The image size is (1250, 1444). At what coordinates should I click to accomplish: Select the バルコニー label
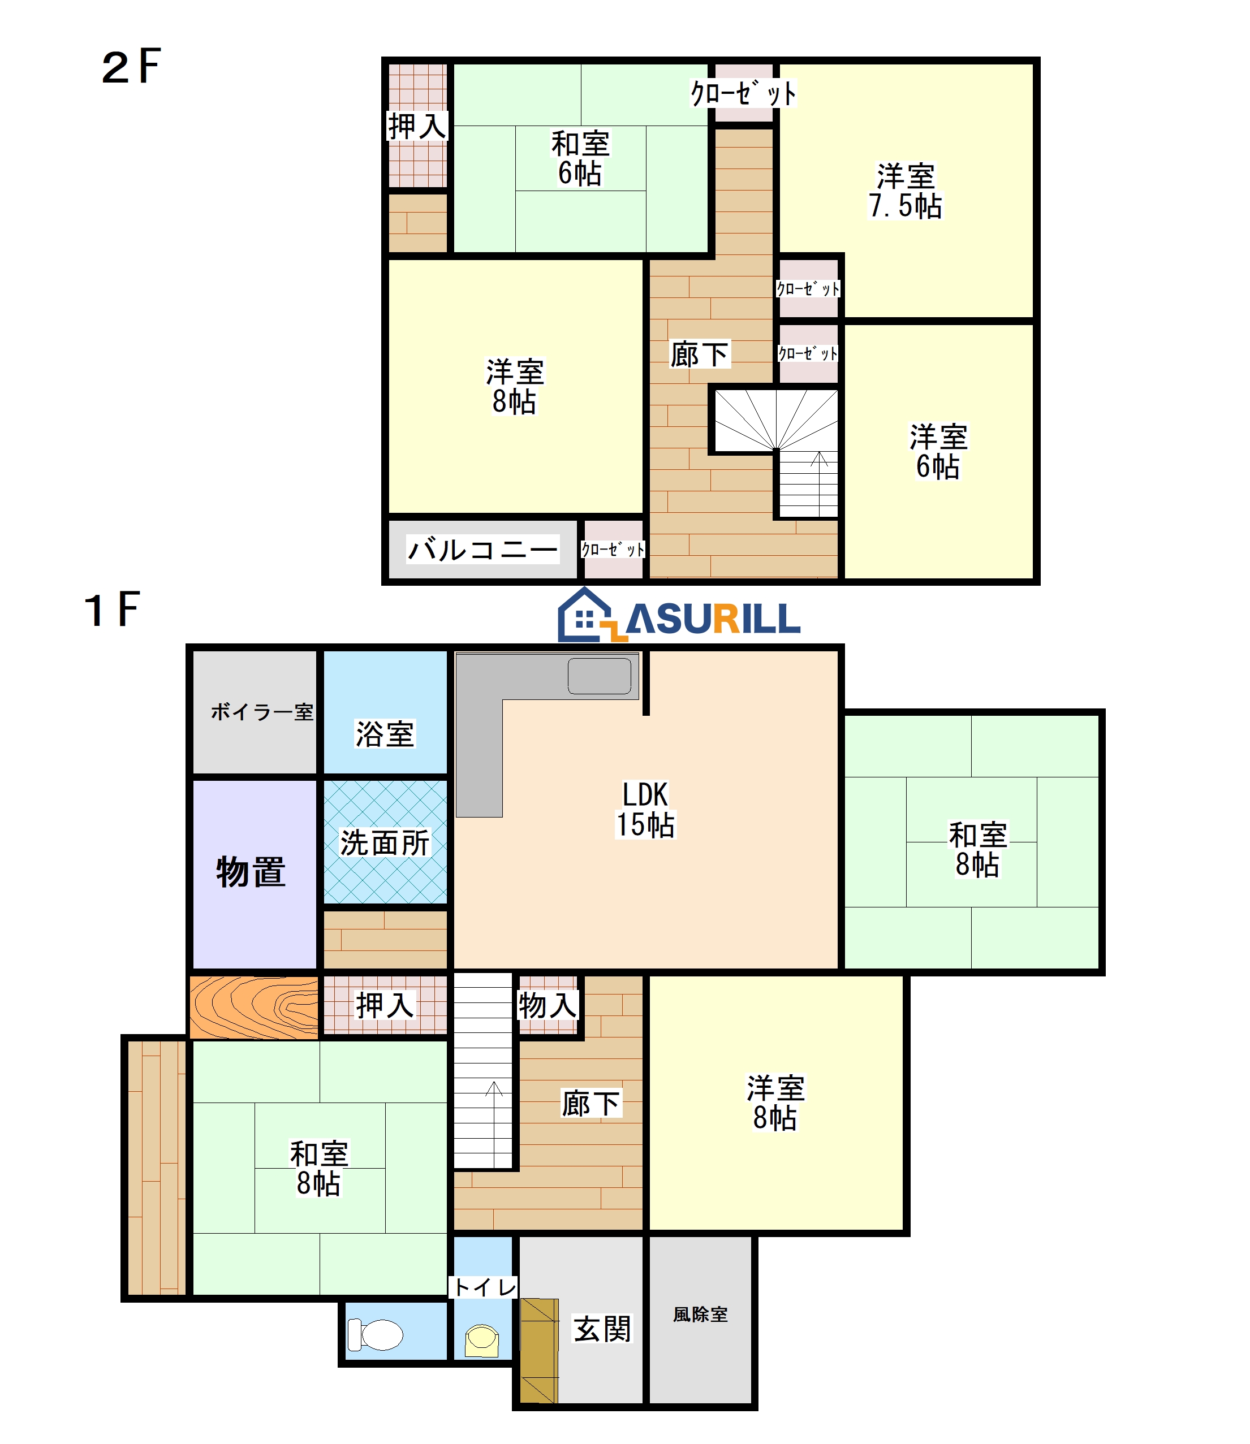click(x=482, y=550)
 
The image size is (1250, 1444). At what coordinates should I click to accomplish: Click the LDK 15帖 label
click(x=645, y=810)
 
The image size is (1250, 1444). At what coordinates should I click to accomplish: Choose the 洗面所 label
click(x=385, y=842)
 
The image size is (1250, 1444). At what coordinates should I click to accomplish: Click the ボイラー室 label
click(x=262, y=712)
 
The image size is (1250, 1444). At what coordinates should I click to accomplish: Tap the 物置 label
click(x=251, y=872)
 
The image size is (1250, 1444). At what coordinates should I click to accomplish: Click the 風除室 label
click(x=700, y=1315)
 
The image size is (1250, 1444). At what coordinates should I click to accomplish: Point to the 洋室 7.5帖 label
click(x=906, y=191)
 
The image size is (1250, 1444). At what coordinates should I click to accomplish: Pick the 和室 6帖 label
click(x=580, y=159)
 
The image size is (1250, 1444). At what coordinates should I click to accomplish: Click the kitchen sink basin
click(x=599, y=676)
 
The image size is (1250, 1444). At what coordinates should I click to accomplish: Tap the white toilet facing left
click(x=375, y=1334)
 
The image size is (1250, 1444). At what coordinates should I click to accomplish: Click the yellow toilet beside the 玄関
click(x=482, y=1340)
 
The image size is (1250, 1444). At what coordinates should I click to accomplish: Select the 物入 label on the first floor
click(x=548, y=1005)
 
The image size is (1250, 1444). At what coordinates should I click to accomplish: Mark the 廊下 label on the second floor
click(x=700, y=355)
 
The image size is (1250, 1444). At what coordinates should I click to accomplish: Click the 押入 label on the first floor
click(x=385, y=1005)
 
